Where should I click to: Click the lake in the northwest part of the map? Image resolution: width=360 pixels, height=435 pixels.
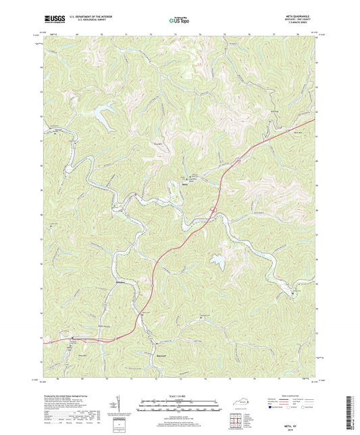click(x=104, y=115)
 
